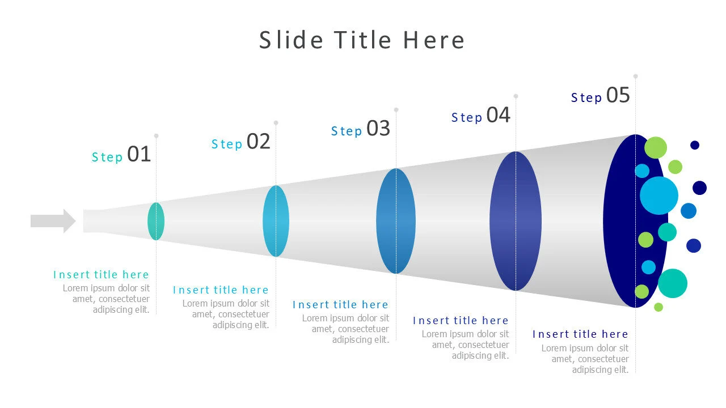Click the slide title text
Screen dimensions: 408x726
tap(362, 40)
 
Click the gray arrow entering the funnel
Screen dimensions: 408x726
tap(53, 221)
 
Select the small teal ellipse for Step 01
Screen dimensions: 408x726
tap(156, 221)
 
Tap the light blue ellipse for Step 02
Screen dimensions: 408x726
tap(276, 221)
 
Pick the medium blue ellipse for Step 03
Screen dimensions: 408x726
tap(396, 221)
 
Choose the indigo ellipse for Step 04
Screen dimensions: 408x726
tap(516, 221)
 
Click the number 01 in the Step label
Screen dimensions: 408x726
tap(139, 154)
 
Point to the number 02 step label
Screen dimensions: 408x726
tap(259, 142)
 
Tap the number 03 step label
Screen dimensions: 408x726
tap(378, 129)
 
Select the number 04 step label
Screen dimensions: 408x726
tap(499, 115)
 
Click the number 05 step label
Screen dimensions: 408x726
tap(618, 95)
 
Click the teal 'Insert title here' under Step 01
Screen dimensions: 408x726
tap(101, 275)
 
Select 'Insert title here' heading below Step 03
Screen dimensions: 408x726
tap(340, 305)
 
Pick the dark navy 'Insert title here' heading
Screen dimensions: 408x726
tap(580, 334)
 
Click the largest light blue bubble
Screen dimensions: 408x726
tap(659, 195)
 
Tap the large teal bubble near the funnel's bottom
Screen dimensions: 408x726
tap(673, 283)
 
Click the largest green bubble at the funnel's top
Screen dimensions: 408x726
tap(656, 147)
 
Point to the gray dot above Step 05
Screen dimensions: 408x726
tap(635, 76)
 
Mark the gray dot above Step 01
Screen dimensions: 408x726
tap(156, 136)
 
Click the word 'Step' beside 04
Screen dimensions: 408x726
tap(467, 118)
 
